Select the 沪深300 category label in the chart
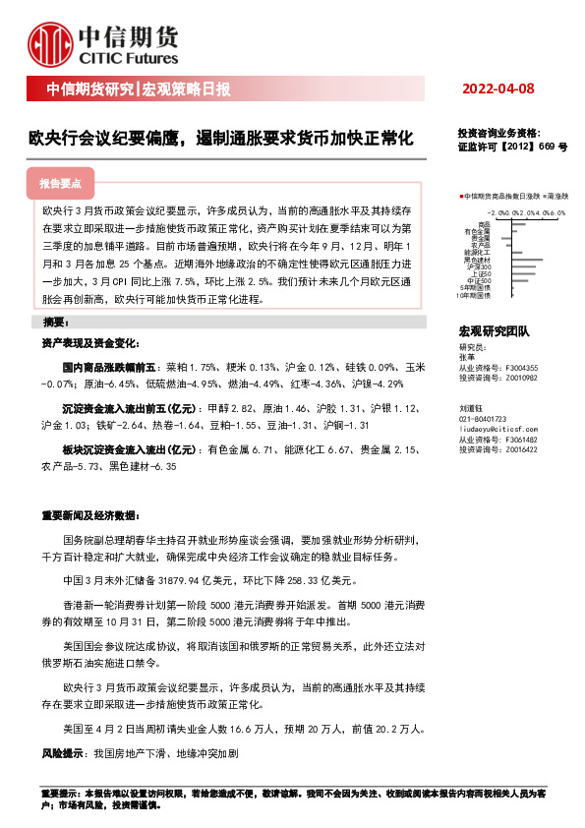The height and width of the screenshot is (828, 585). pos(480,266)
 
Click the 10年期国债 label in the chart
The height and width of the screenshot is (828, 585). pos(474,293)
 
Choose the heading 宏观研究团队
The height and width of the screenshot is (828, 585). pos(494,331)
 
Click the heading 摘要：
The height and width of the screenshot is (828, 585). pos(54,323)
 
